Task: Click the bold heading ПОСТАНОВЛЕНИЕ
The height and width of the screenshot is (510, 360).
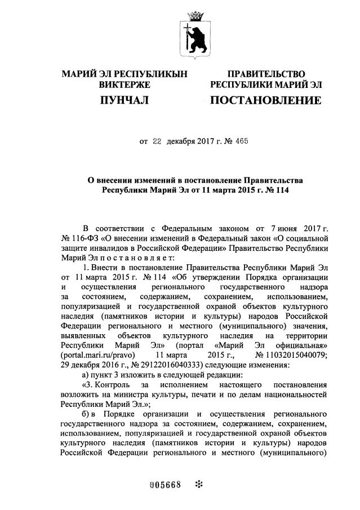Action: tap(265, 101)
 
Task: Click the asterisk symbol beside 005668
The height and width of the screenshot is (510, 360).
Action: tap(198, 485)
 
